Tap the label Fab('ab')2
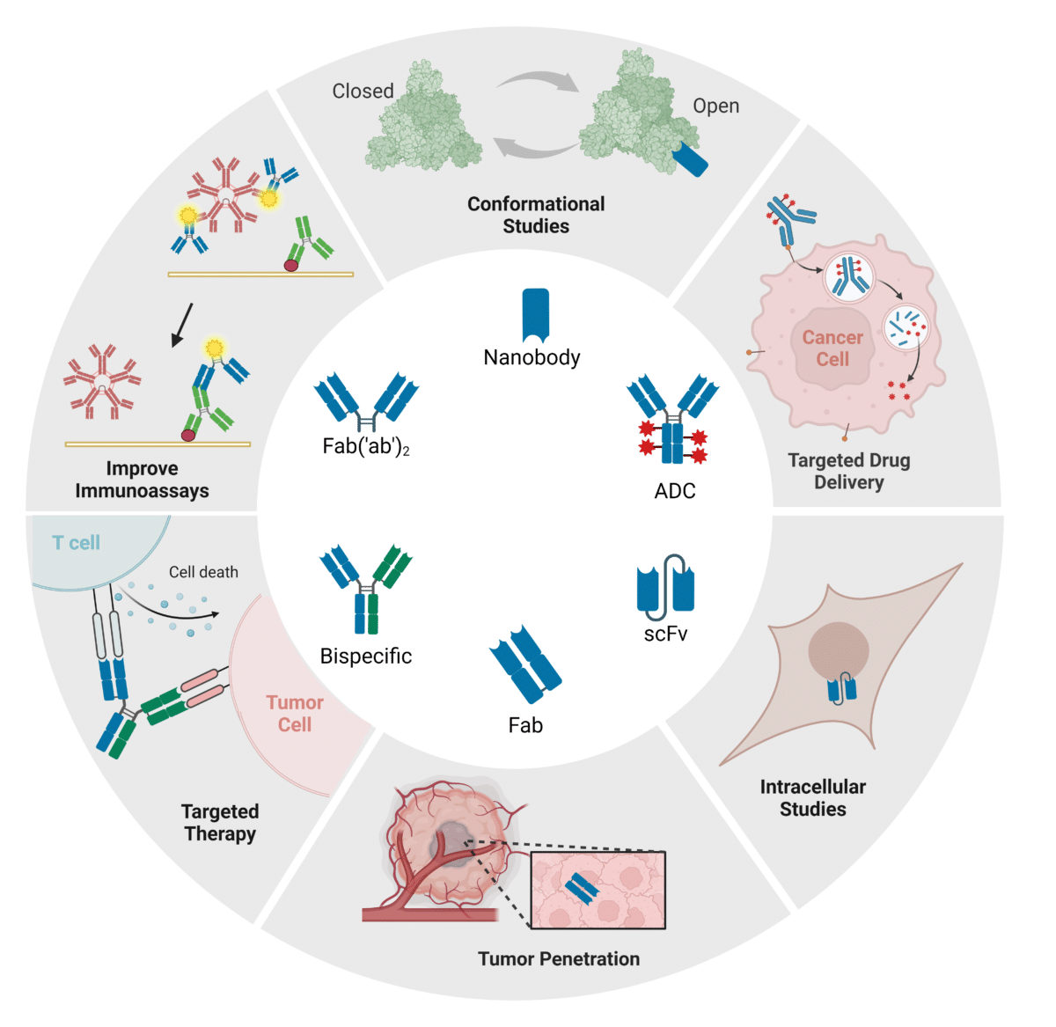366,447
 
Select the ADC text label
675,491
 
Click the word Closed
363,91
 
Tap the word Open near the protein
715,106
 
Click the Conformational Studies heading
536,215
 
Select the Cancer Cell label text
832,348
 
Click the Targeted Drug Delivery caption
848,471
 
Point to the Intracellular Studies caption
812,797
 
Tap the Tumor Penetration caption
559,958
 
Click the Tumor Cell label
295,713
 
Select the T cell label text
77,542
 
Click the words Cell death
203,572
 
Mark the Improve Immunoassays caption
142,480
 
